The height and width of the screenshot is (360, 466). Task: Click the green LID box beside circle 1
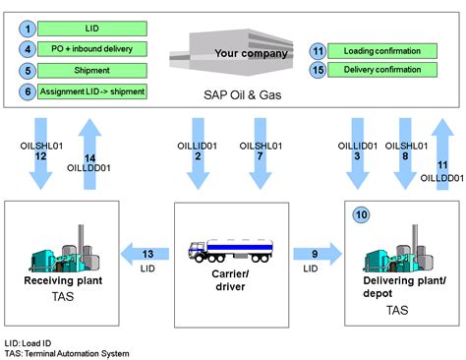pyautogui.click(x=92, y=29)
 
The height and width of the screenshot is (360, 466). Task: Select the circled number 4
pyautogui.click(x=28, y=49)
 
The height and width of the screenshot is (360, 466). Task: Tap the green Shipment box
pyautogui.click(x=92, y=71)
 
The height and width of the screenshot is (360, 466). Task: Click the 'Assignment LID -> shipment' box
pyautogui.click(x=92, y=91)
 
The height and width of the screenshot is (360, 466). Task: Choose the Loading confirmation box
pyautogui.click(x=382, y=51)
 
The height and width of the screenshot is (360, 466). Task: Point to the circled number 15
pyautogui.click(x=318, y=70)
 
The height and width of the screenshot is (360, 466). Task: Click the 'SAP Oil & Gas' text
pyautogui.click(x=243, y=95)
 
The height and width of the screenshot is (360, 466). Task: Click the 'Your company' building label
pyautogui.click(x=251, y=53)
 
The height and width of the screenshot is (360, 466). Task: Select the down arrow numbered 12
pyautogui.click(x=41, y=153)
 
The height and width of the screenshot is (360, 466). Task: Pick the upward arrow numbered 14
pyautogui.click(x=89, y=153)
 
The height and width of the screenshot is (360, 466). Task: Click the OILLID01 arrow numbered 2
pyautogui.click(x=198, y=153)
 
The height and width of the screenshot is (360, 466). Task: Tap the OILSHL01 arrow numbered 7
pyautogui.click(x=261, y=153)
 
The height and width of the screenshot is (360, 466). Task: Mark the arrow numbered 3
pyautogui.click(x=358, y=153)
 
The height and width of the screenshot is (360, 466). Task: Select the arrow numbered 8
pyautogui.click(x=405, y=153)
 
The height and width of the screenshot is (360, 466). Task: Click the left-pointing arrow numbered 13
pyautogui.click(x=145, y=254)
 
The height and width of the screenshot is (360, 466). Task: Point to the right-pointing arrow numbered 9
pyautogui.click(x=318, y=254)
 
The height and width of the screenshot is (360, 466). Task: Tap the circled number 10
pyautogui.click(x=361, y=215)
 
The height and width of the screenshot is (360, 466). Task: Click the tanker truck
pyautogui.click(x=230, y=251)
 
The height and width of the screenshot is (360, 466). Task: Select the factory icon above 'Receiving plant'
pyautogui.click(x=64, y=249)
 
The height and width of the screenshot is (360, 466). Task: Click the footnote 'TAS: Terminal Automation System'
pyautogui.click(x=67, y=354)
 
